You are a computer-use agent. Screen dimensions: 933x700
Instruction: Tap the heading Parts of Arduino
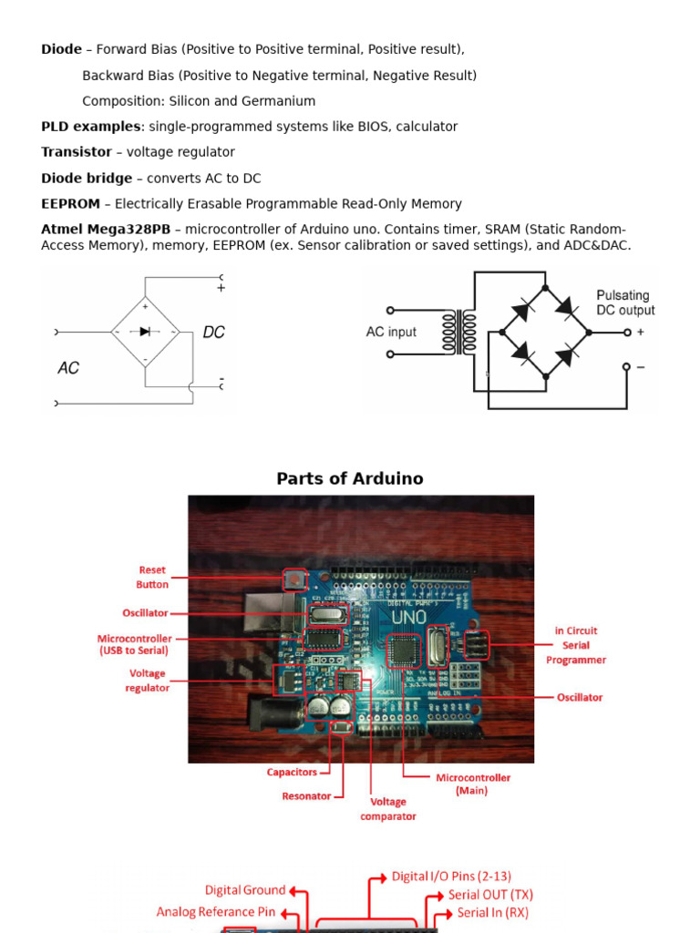pos(350,478)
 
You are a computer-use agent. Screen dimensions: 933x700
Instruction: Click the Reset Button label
pos(152,577)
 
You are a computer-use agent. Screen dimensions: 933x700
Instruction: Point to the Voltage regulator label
pos(147,681)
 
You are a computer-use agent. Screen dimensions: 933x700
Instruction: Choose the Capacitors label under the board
pos(292,772)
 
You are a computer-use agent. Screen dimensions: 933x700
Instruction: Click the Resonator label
pos(306,795)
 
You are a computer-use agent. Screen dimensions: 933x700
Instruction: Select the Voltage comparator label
pos(387,809)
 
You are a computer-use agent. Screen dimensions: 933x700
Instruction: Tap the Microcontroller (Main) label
pos(472,784)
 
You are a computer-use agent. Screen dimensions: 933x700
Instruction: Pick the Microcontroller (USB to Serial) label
pos(134,644)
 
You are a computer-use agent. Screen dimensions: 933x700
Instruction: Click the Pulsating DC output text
pos(625,302)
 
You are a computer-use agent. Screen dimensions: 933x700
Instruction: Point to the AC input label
pos(391,332)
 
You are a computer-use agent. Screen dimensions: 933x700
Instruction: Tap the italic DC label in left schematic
pos(213,333)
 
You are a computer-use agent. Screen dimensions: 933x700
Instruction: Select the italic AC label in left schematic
pos(68,368)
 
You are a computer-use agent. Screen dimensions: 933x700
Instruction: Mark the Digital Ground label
pos(245,890)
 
